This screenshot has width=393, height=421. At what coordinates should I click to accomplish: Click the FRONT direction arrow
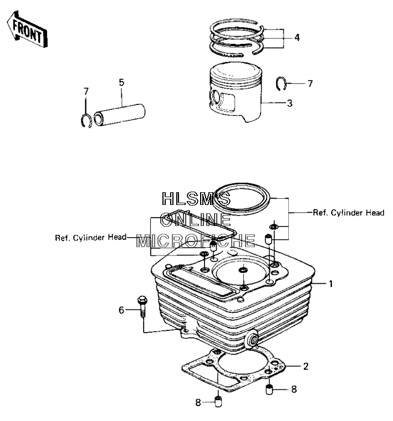click(x=28, y=30)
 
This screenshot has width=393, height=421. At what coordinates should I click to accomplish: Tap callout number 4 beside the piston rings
click(x=297, y=38)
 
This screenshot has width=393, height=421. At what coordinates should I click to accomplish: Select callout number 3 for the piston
click(x=289, y=103)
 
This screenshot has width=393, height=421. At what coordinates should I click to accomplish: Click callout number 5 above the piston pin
click(x=121, y=82)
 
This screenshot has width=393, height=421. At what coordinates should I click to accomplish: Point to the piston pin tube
click(x=120, y=115)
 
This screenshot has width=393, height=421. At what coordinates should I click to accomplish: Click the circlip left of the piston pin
click(x=86, y=121)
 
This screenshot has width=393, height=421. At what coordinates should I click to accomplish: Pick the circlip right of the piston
click(x=281, y=83)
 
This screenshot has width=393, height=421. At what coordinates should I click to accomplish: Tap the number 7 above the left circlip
click(x=86, y=92)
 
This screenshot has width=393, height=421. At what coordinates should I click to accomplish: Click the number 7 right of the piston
click(x=310, y=83)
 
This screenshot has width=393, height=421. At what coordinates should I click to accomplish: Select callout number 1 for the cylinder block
click(x=330, y=283)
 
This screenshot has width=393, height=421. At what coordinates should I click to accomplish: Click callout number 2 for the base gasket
click(x=305, y=366)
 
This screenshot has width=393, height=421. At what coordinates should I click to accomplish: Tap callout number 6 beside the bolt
click(x=121, y=310)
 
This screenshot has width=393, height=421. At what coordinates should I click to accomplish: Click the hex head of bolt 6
click(x=141, y=299)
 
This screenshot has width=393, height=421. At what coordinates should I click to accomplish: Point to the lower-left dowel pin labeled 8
click(x=219, y=402)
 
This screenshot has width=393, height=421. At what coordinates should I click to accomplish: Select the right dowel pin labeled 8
click(x=269, y=389)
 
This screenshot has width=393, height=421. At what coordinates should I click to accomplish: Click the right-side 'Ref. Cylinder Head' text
click(x=349, y=213)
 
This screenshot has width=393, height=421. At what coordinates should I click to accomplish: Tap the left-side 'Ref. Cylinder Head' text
click(x=90, y=237)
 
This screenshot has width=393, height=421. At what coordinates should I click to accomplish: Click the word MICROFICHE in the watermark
click(x=196, y=240)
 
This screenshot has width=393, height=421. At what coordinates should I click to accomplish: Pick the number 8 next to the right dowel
click(x=294, y=389)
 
